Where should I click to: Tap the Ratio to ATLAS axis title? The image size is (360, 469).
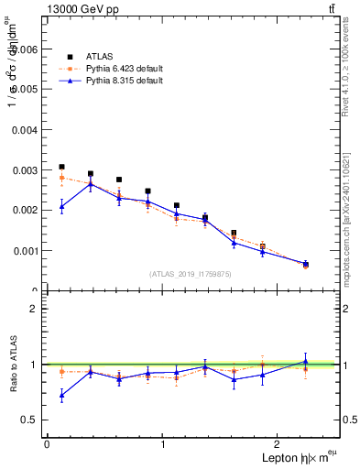(x=13, y=365)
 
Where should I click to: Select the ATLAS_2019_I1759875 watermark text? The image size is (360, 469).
(x=191, y=273)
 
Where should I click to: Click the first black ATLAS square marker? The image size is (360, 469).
(x=61, y=167)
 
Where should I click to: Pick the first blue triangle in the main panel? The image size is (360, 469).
(x=61, y=206)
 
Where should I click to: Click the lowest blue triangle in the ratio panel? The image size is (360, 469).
(x=61, y=395)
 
